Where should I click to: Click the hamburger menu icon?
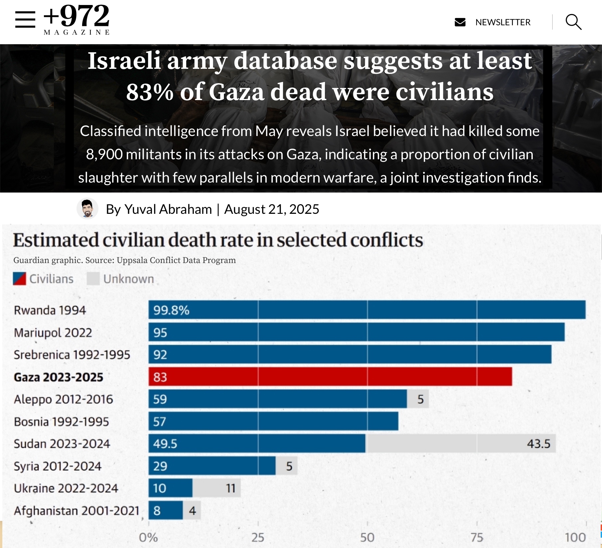[25, 19]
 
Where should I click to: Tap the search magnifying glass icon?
[573, 22]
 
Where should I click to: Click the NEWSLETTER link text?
[503, 22]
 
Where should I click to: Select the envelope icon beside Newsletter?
[460, 22]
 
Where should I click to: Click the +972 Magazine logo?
[76, 19]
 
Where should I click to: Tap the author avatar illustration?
[87, 209]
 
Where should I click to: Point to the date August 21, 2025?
[271, 209]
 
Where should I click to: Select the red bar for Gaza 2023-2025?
[330, 377]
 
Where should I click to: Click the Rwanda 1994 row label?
[50, 310]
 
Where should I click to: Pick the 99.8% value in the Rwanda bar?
[171, 310]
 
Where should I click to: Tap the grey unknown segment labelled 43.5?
[460, 444]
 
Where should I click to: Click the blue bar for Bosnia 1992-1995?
[273, 421]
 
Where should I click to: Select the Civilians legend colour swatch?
[19, 279]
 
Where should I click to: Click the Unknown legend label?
[128, 279]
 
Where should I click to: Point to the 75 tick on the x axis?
[477, 537]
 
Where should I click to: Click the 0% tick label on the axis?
[148, 537]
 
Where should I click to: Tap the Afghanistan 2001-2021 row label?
[76, 510]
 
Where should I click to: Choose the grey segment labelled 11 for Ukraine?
[216, 488]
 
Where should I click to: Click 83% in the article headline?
[150, 92]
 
